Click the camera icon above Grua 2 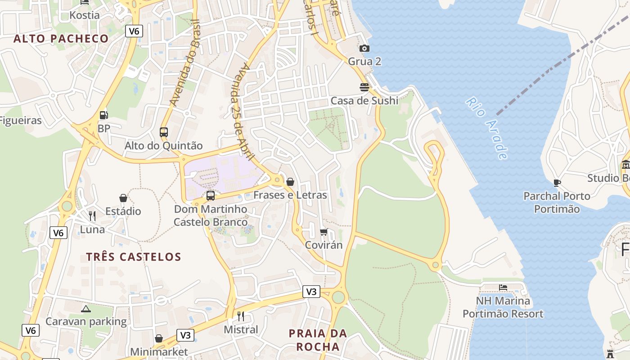click(364, 48)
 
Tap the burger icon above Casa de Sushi click(364, 87)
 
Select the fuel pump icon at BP click(104, 115)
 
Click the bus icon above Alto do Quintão click(164, 132)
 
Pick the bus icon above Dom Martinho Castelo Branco click(210, 196)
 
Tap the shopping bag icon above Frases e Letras click(290, 182)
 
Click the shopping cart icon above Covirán click(324, 232)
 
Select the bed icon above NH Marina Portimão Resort click(503, 287)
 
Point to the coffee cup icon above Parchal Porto click(557, 183)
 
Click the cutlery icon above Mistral click(241, 316)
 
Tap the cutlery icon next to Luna click(92, 216)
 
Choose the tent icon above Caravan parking click(86, 309)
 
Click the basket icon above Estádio click(123, 198)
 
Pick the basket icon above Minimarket click(159, 338)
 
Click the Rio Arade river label click(487, 128)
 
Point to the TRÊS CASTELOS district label click(134, 257)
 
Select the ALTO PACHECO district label click(61, 39)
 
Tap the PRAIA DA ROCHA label click(318, 340)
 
